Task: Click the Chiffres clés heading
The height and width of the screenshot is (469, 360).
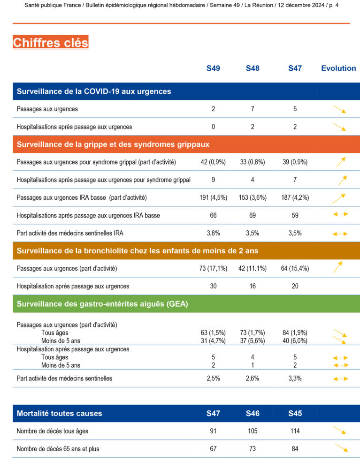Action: [x=51, y=43]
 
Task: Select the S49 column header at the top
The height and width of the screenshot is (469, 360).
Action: [x=213, y=68]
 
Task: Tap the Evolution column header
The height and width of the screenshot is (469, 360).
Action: [x=338, y=68]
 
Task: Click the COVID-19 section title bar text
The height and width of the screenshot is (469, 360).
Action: [x=94, y=91]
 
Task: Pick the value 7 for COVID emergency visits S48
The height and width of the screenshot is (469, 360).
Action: [x=253, y=109]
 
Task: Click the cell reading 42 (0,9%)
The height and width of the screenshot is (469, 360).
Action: [x=213, y=162]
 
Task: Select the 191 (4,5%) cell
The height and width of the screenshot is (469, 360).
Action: [x=213, y=197]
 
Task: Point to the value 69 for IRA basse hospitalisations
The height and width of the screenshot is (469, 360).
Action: [x=253, y=215]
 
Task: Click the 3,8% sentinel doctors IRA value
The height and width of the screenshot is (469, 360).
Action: [x=213, y=233]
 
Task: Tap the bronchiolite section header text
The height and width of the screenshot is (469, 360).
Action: [x=138, y=251]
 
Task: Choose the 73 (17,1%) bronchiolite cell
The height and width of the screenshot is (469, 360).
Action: [x=213, y=269]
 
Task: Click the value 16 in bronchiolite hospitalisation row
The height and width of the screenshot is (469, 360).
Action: [x=253, y=286]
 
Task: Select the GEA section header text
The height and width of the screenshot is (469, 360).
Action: [x=102, y=304]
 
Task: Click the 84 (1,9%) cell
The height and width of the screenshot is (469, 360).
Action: [x=295, y=333]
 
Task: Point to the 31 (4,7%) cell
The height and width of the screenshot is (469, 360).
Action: [x=213, y=341]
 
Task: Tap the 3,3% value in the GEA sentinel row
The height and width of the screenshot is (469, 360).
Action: [x=295, y=378]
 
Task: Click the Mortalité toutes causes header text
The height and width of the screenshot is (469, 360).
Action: [x=59, y=414]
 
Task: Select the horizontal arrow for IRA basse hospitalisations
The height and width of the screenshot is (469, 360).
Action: [x=340, y=214]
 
